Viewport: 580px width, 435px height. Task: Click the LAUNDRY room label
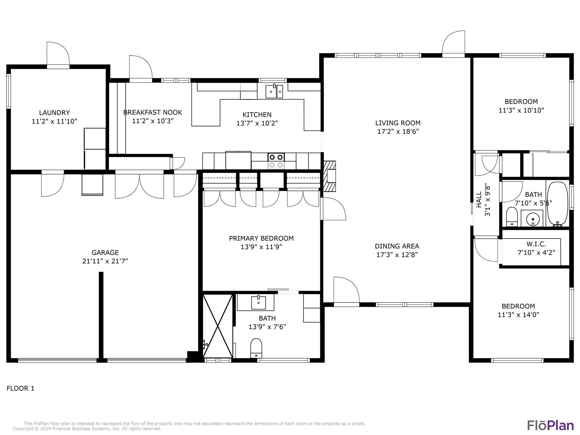pyautogui.click(x=54, y=113)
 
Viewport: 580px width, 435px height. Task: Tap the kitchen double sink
pyautogui.click(x=274, y=91)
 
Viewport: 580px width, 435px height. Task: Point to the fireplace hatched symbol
pyautogui.click(x=330, y=176)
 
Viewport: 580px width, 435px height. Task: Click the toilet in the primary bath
pyautogui.click(x=256, y=348)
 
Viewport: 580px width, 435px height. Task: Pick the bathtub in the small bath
pyautogui.click(x=558, y=204)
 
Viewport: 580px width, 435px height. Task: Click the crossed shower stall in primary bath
pyautogui.click(x=218, y=326)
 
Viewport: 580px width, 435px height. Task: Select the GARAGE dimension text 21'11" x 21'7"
pyautogui.click(x=105, y=261)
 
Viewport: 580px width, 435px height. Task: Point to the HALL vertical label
pyautogui.click(x=479, y=200)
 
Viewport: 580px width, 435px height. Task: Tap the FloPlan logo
pyautogui.click(x=551, y=425)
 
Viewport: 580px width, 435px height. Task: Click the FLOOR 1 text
pyautogui.click(x=20, y=388)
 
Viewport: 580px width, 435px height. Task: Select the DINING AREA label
pyautogui.click(x=397, y=246)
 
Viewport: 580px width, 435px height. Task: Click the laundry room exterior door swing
pyautogui.click(x=58, y=54)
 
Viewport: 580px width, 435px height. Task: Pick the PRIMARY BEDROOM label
pyautogui.click(x=261, y=238)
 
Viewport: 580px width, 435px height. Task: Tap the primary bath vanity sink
pyautogui.click(x=258, y=302)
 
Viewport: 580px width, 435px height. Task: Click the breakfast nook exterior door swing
pyautogui.click(x=141, y=68)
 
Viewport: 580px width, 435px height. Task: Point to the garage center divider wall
pyautogui.click(x=101, y=315)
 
